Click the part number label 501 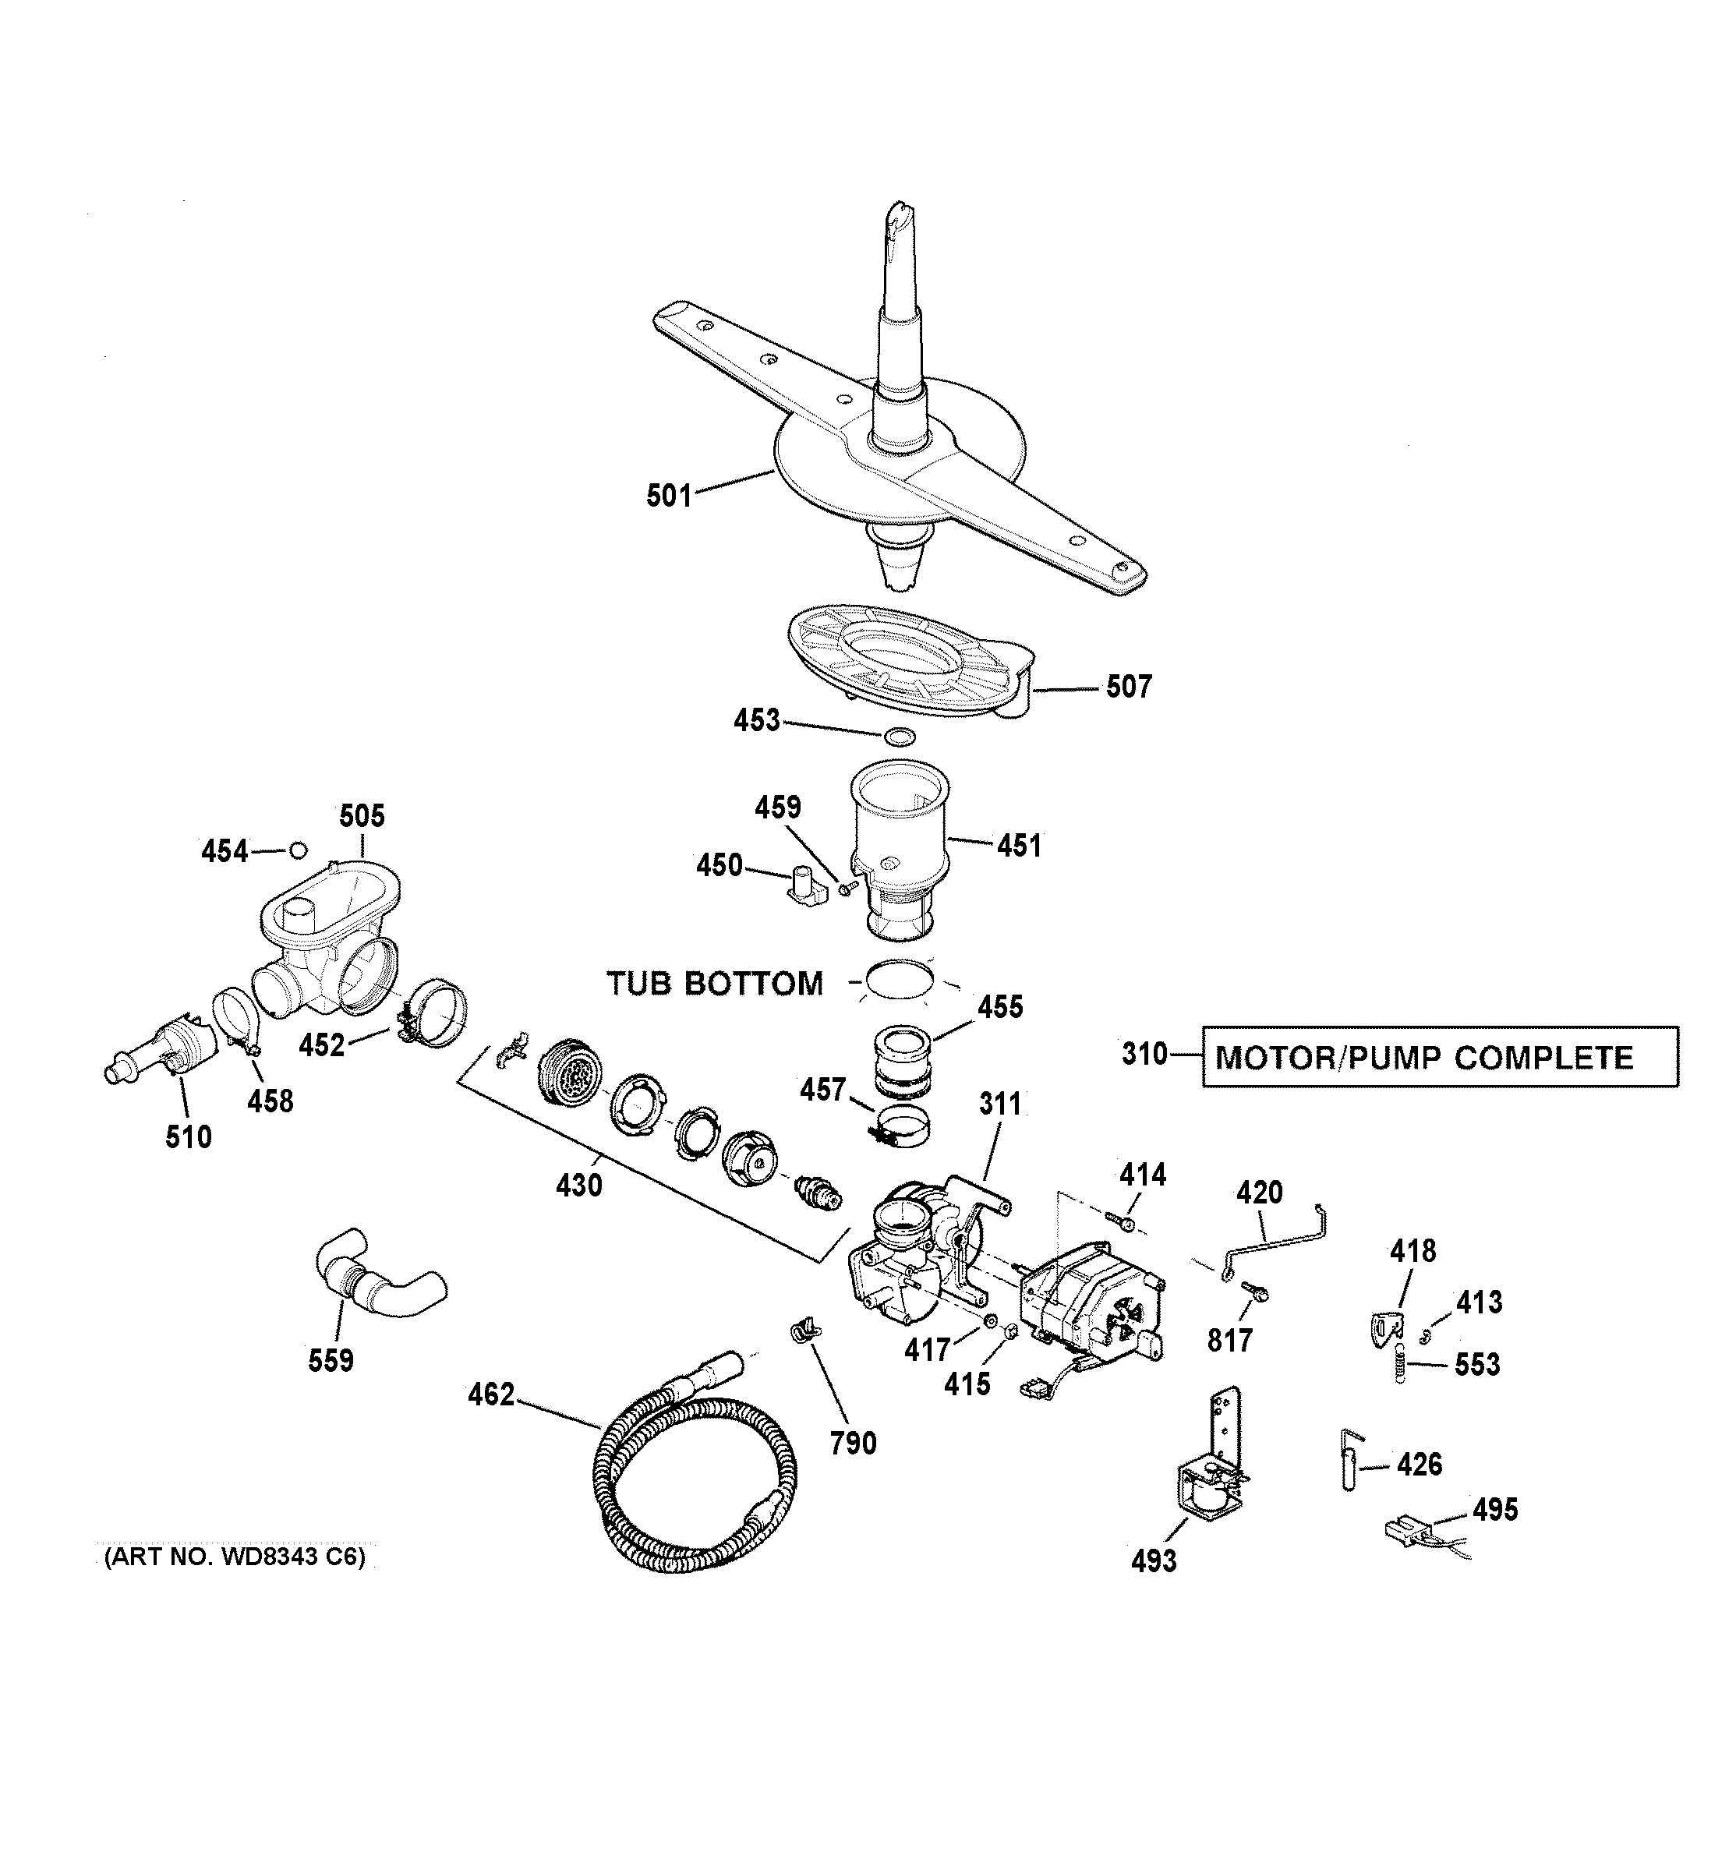pos(668,495)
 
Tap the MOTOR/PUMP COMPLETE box pos(1439,1058)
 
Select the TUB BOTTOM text pos(715,984)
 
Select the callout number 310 pos(1144,1055)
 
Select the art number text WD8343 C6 pos(235,1557)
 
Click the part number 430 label pos(578,1185)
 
